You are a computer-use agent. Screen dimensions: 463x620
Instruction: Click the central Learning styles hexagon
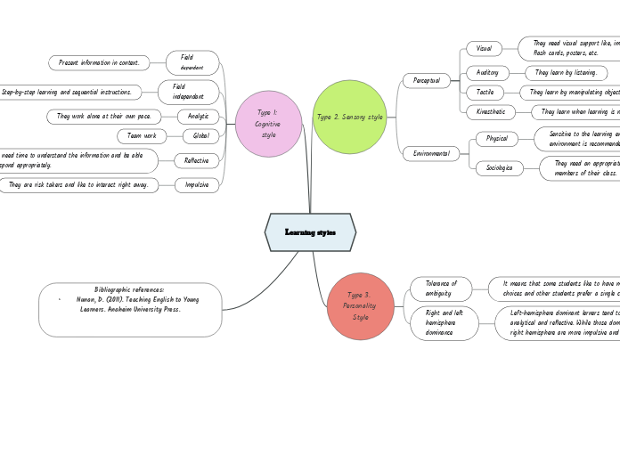coord(310,232)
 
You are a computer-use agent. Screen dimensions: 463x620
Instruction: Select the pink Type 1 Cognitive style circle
coord(268,124)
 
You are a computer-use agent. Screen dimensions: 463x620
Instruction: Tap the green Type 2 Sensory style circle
coord(349,117)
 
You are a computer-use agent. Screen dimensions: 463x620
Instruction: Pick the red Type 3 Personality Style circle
coord(360,306)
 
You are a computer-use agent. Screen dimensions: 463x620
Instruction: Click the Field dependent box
coord(192,62)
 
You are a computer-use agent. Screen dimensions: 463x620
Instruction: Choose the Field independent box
coord(188,92)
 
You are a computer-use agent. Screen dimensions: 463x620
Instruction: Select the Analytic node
coord(198,117)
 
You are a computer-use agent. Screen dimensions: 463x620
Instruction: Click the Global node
coord(200,136)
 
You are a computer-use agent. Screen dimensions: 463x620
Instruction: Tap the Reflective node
coord(196,160)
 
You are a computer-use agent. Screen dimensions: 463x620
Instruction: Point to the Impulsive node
coord(197,185)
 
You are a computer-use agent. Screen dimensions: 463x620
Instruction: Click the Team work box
coord(142,136)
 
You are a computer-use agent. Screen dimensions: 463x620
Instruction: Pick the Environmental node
coord(431,154)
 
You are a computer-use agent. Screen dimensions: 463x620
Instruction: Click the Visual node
coord(484,48)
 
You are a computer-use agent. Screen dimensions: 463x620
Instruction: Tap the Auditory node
coord(487,72)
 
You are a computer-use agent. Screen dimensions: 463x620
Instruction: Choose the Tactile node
coord(485,92)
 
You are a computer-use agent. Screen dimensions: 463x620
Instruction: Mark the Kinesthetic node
coord(490,112)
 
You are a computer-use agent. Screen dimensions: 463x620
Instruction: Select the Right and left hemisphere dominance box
coord(444,322)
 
